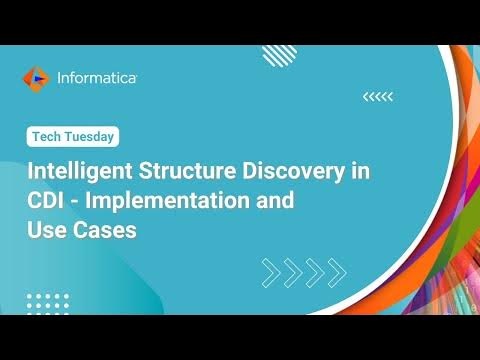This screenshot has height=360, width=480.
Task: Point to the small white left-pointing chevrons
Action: [378, 96]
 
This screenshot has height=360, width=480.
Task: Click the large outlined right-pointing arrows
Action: [303, 271]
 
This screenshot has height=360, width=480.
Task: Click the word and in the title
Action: [274, 199]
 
